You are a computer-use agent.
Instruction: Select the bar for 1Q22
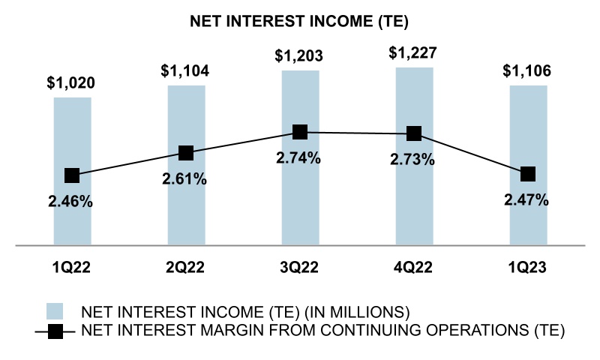72,217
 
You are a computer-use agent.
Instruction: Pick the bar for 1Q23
528,217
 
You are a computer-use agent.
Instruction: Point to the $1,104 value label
186,72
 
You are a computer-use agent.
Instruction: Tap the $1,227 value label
414,54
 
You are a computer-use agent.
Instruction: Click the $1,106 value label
528,72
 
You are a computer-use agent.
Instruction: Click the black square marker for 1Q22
72,175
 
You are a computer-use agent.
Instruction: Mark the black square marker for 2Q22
186,153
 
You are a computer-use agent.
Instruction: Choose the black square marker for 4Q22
414,133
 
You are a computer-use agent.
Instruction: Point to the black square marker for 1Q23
528,174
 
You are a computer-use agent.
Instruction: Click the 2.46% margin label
72,201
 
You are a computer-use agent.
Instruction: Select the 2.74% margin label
300,158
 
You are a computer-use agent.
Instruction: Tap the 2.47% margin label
528,200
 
